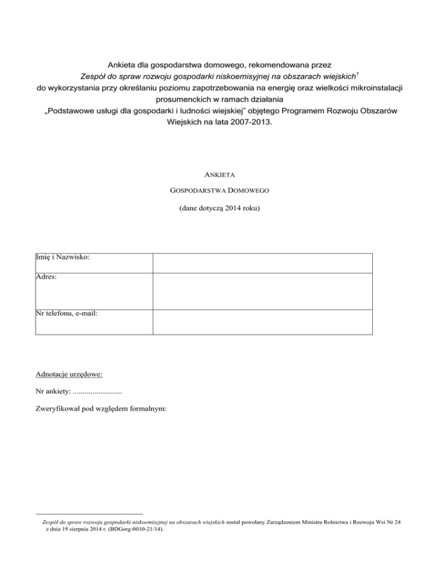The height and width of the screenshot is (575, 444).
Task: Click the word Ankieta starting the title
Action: coord(124,63)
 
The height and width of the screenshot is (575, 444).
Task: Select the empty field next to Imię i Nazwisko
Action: coord(262,263)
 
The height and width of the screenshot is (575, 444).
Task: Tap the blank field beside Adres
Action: coord(262,292)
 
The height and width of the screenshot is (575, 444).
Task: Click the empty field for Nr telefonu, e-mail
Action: coord(262,322)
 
